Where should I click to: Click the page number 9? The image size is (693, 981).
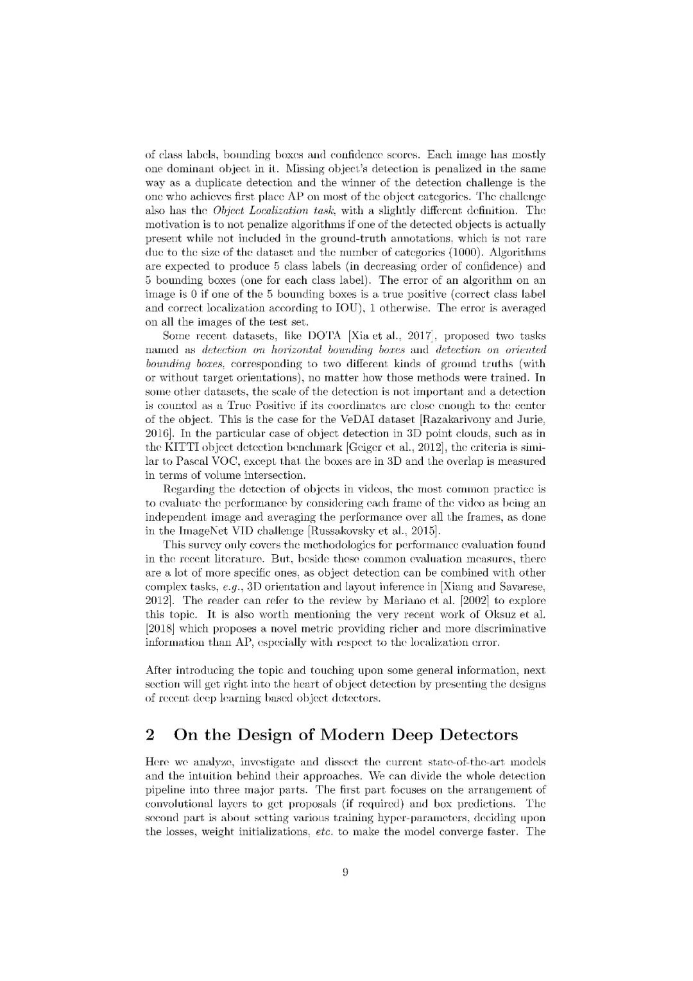click(x=345, y=871)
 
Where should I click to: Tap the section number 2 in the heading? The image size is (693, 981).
click(x=150, y=734)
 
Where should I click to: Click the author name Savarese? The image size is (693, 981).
click(x=521, y=586)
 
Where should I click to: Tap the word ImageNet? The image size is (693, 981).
click(x=203, y=531)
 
